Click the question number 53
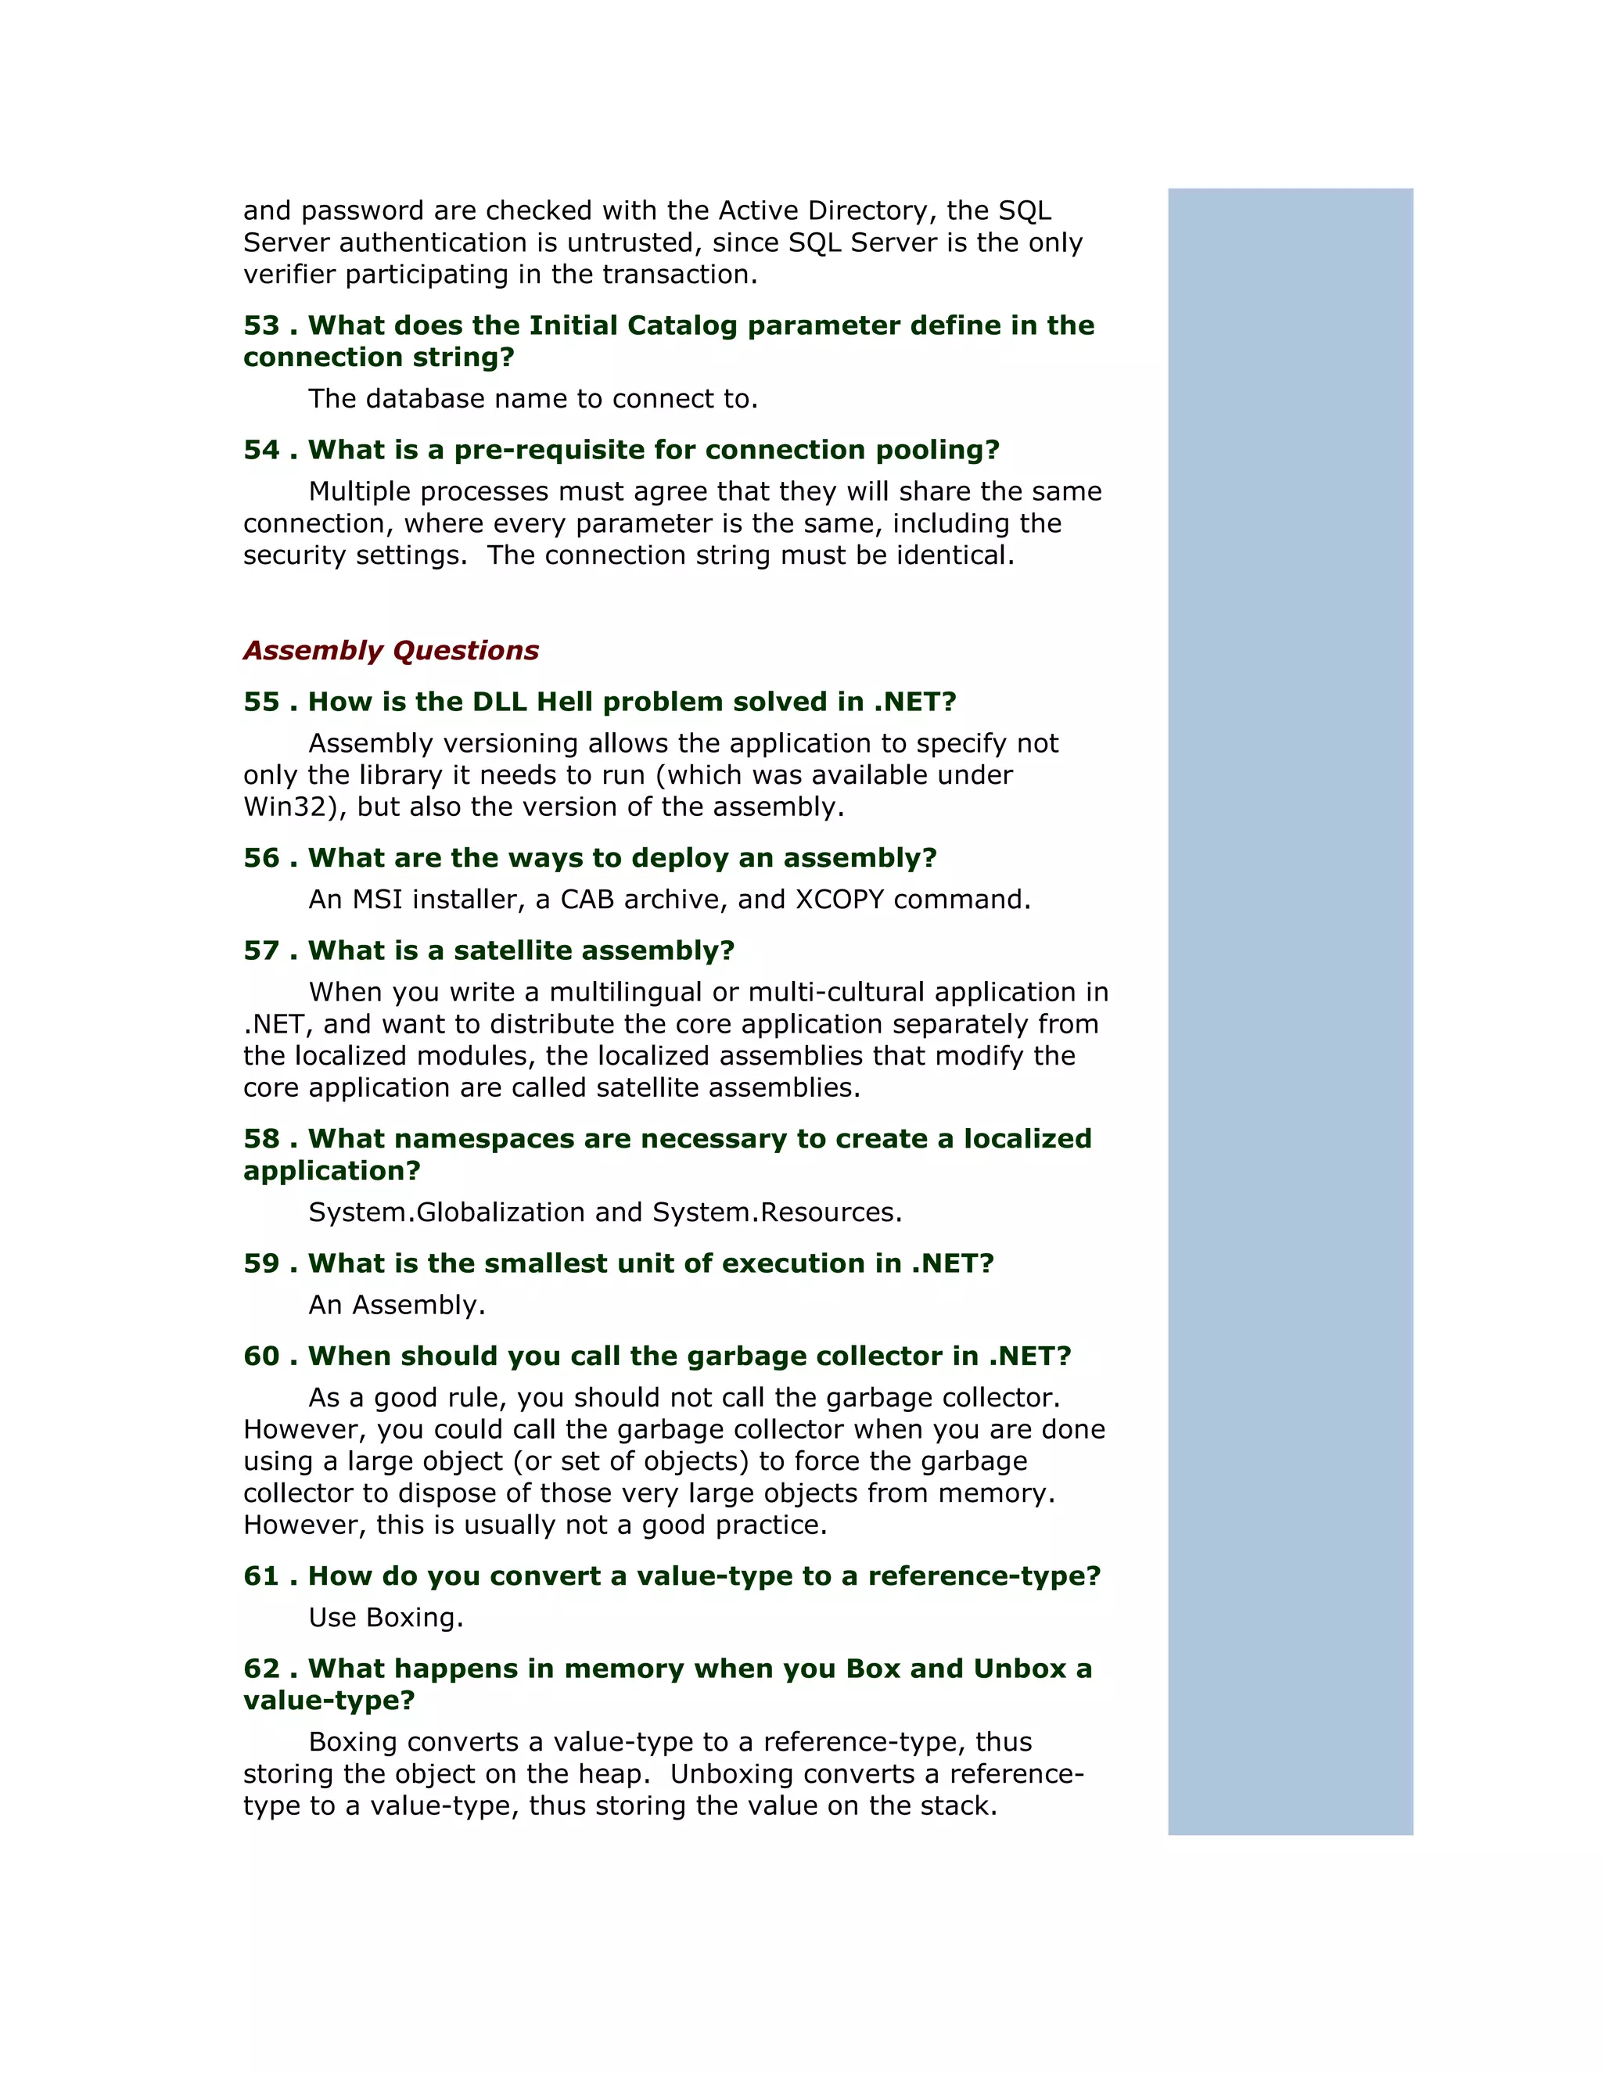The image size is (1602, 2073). pos(261,325)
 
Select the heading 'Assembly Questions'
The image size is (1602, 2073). pos(391,650)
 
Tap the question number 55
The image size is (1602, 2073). pos(261,702)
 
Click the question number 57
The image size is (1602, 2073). pos(261,950)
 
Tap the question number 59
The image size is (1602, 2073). pos(261,1263)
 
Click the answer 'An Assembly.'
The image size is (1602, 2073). pos(397,1305)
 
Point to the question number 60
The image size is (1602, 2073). pos(261,1356)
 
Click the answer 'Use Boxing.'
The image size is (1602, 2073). pos(386,1618)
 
